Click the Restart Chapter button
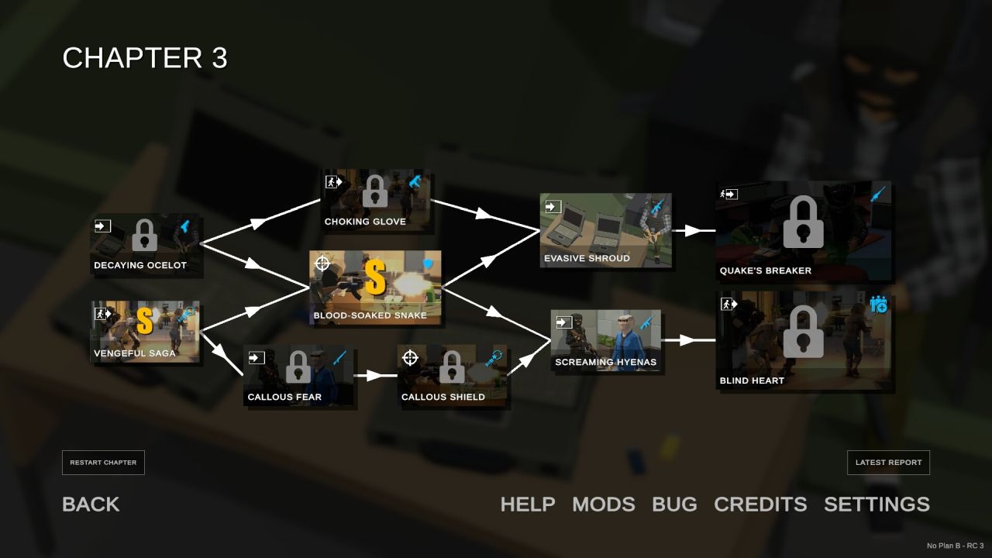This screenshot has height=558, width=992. tap(103, 463)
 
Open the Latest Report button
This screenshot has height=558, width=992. tap(888, 463)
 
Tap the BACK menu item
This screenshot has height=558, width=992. tap(91, 505)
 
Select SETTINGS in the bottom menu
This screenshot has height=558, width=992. tap(877, 505)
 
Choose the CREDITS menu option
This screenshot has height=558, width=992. tap(760, 505)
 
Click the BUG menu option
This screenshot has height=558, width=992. tap(674, 505)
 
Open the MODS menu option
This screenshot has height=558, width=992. tap(604, 505)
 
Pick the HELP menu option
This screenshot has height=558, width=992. tap(528, 505)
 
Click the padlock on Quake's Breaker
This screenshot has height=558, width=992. tap(804, 222)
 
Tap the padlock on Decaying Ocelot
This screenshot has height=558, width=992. tap(145, 235)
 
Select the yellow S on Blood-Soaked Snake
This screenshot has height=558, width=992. tap(375, 277)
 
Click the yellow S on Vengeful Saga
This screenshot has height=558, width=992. tap(145, 321)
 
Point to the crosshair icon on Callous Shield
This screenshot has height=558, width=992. tap(410, 358)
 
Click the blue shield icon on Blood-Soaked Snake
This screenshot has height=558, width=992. tap(429, 264)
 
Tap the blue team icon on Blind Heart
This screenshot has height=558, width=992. tap(878, 305)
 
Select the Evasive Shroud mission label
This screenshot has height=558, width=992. tap(587, 258)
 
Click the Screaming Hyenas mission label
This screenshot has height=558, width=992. tap(606, 362)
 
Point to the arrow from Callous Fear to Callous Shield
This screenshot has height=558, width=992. tap(375, 376)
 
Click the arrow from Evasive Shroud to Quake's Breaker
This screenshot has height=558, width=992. tap(694, 231)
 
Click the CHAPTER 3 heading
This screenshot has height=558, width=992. tap(145, 57)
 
